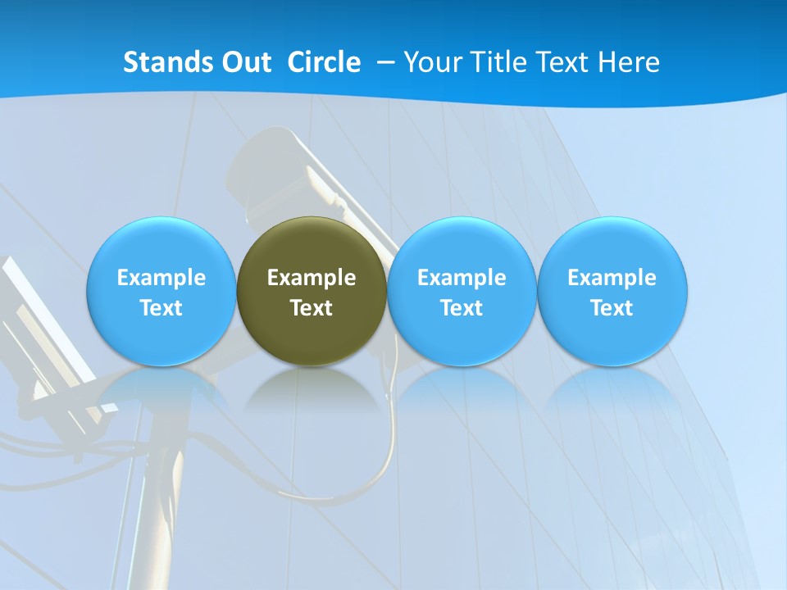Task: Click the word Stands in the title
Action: (168, 62)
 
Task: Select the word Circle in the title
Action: (324, 62)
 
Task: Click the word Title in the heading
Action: (502, 62)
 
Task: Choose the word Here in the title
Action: (629, 62)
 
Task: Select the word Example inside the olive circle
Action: (312, 278)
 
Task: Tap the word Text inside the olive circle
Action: (312, 308)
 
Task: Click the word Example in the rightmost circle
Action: (612, 278)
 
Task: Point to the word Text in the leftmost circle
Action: (161, 308)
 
